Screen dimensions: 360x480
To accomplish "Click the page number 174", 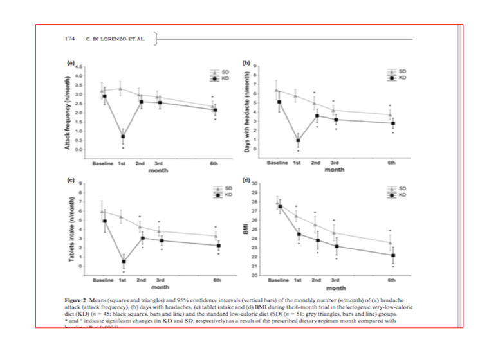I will tap(71, 39).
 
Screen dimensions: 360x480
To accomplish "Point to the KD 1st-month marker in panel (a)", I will tap(122, 136).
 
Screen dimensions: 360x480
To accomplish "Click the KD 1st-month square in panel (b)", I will tap(298, 140).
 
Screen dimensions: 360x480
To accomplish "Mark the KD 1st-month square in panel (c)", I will tap(123, 261).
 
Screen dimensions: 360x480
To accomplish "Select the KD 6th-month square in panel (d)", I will tap(392, 255).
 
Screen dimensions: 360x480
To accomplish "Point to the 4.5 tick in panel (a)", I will tap(78, 67).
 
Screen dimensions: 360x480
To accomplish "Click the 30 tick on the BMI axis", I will tap(254, 184).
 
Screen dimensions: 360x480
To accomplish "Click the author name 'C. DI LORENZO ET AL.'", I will tap(115, 39).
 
